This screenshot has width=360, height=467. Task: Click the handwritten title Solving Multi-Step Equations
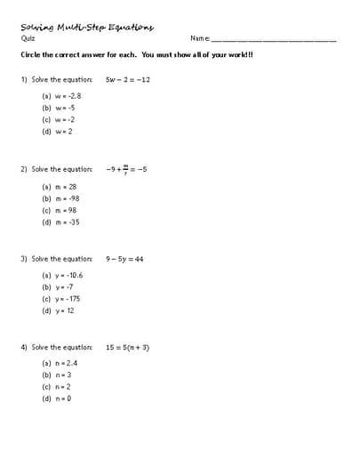pyautogui.click(x=87, y=26)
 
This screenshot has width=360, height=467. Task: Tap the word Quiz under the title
pyautogui.click(x=27, y=38)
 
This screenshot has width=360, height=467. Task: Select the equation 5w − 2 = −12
pyautogui.click(x=128, y=79)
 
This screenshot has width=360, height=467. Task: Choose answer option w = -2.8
pyautogui.click(x=62, y=95)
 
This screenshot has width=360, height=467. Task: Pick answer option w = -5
pyautogui.click(x=59, y=107)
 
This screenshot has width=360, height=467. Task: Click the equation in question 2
pyautogui.click(x=125, y=168)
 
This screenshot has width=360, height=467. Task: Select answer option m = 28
pyautogui.click(x=60, y=187)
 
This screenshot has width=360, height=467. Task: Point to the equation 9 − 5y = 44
pyautogui.click(x=124, y=259)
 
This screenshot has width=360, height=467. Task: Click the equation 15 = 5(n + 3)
pyautogui.click(x=127, y=347)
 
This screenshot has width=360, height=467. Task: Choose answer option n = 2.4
pyautogui.click(x=60, y=363)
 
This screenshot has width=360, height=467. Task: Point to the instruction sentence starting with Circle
pyautogui.click(x=137, y=55)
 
